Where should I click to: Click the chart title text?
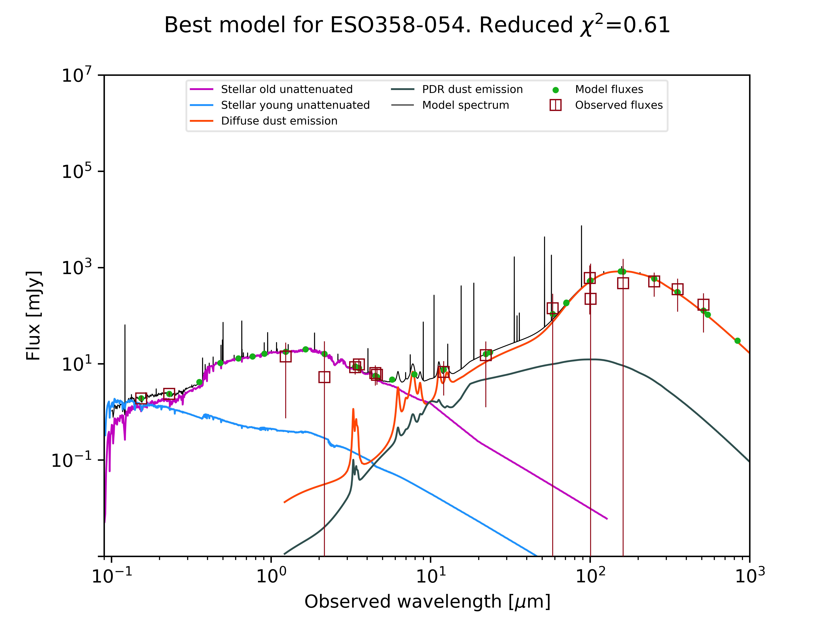pos(417,25)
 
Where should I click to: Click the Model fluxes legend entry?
pos(609,89)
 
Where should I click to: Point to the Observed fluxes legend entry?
pos(619,105)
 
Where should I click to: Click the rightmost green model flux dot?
pos(737,340)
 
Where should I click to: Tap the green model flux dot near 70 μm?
pos(566,303)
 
